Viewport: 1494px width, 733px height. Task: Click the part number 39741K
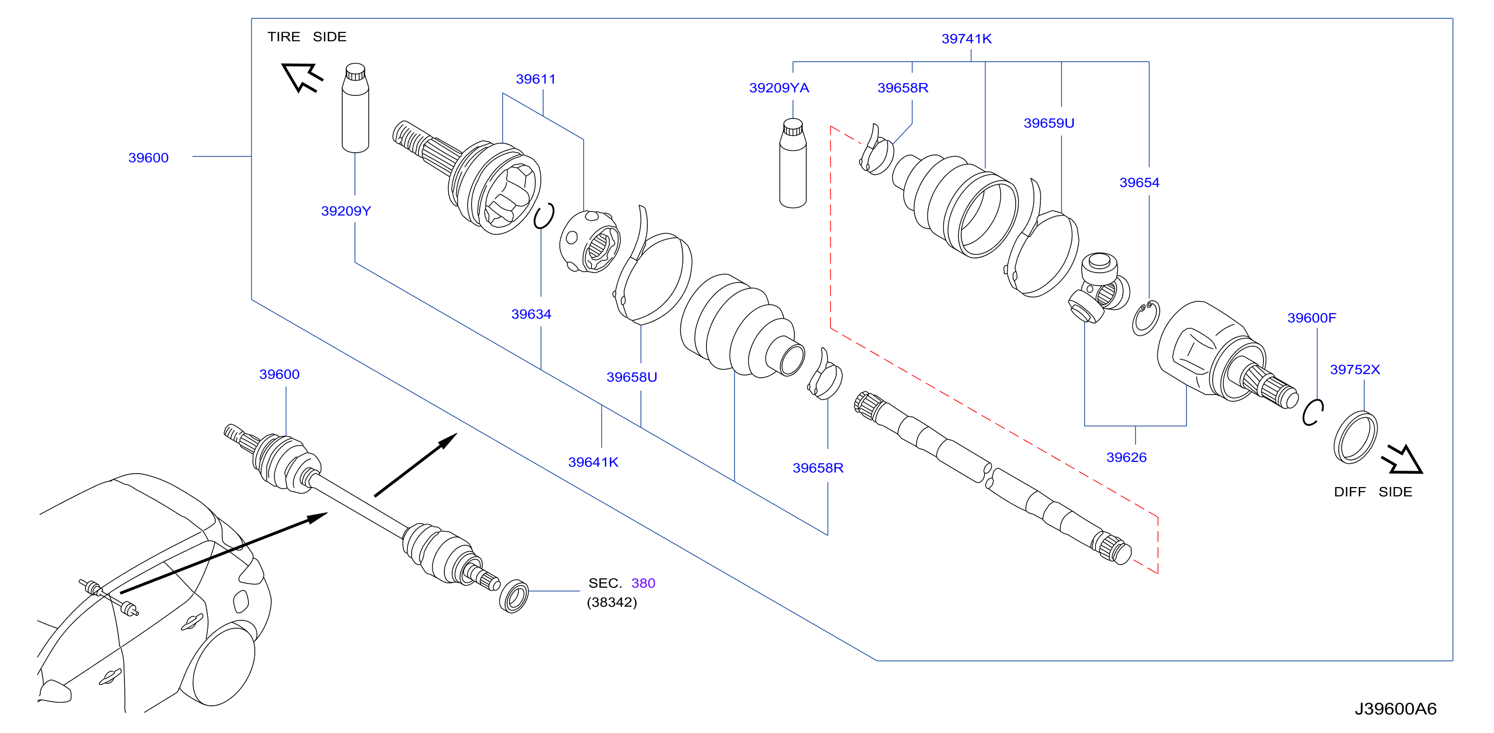966,39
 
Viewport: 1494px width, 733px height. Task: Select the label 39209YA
779,88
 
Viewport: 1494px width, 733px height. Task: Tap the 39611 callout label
535,80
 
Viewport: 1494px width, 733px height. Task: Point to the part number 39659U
1049,123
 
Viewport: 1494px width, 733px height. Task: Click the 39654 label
1139,183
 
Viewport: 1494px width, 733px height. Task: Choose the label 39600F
1311,318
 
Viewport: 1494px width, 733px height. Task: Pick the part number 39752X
1355,369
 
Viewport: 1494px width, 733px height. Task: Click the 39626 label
1126,457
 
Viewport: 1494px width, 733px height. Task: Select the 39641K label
593,462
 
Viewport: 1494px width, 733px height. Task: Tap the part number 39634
531,315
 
